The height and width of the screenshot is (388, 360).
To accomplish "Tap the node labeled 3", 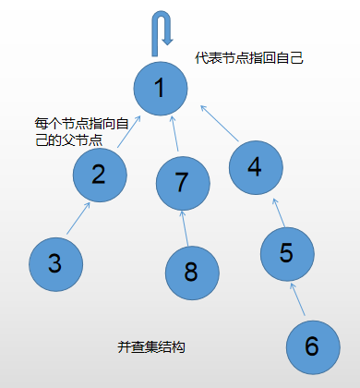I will (x=55, y=263).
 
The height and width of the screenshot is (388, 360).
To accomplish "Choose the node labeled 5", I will (x=287, y=252).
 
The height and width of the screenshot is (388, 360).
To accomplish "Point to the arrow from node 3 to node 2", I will (x=78, y=219).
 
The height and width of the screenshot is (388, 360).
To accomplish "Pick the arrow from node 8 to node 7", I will (x=186, y=227).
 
